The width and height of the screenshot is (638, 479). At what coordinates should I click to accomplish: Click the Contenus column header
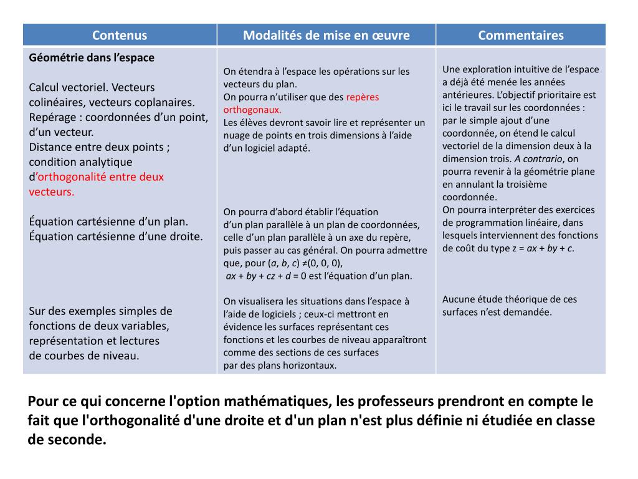[x=120, y=35]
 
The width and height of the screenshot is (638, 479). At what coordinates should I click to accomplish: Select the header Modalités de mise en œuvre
[x=326, y=35]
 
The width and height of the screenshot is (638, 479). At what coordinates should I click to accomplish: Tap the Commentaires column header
[x=521, y=35]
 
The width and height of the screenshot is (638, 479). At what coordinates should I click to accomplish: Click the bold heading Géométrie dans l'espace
[x=92, y=57]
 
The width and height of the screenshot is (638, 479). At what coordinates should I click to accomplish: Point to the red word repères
[x=363, y=97]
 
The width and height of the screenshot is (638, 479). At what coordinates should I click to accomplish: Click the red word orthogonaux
[x=252, y=109]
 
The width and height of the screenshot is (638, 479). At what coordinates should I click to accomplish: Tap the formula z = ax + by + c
[x=545, y=248]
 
